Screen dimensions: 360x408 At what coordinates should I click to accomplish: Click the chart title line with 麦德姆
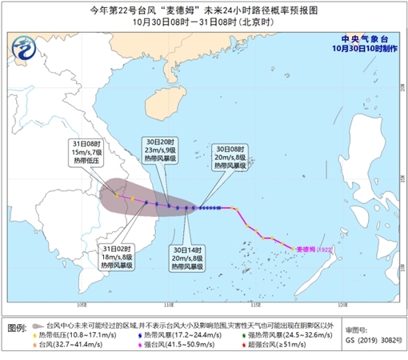[204, 9]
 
